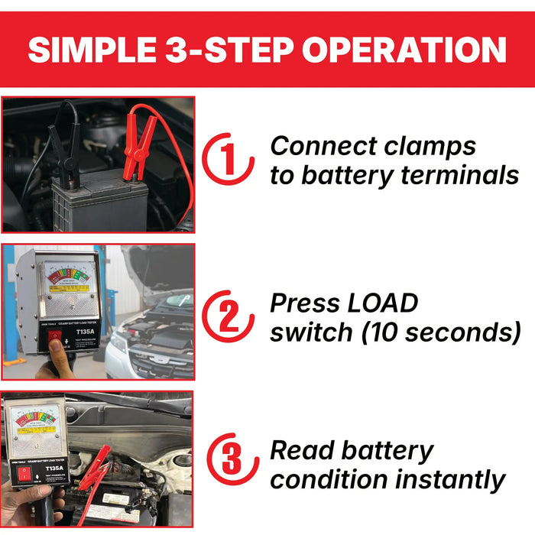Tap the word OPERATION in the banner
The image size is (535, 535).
404,50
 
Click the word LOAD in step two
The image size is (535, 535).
380,303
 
